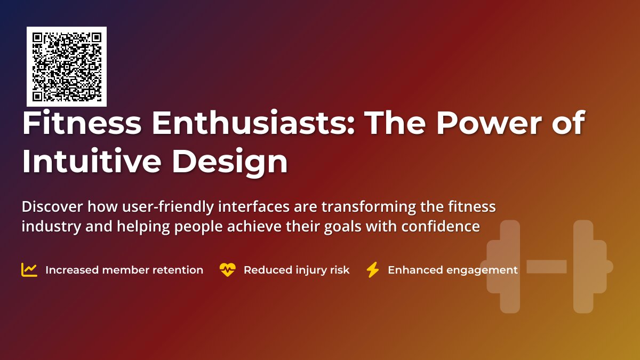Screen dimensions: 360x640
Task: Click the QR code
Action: [67, 67]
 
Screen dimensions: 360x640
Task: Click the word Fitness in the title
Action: [82, 124]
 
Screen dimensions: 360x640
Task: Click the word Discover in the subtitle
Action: [52, 206]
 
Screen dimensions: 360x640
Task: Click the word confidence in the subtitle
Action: [441, 226]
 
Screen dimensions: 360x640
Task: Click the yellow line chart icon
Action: [29, 270]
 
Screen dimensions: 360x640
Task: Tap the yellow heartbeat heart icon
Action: [227, 270]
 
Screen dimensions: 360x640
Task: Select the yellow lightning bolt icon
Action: [372, 270]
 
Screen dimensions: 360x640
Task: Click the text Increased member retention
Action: [124, 270]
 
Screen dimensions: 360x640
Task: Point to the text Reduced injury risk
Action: [297, 270]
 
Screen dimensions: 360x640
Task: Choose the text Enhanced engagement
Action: [452, 270]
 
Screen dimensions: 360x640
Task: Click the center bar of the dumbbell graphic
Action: [547, 267]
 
